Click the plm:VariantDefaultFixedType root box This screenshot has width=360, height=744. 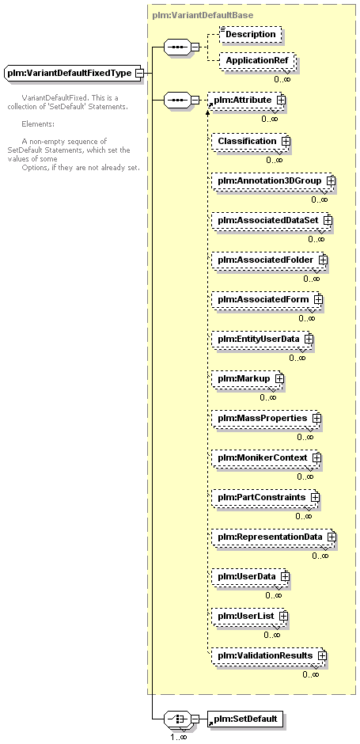pos(73,74)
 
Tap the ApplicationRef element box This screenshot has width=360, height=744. pos(257,61)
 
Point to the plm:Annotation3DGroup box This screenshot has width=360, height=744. pos(273,180)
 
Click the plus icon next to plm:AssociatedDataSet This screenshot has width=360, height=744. pos(328,221)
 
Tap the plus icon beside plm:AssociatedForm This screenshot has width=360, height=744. pos(318,300)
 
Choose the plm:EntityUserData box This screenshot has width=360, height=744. pos(263,340)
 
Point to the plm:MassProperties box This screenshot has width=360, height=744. pos(267,418)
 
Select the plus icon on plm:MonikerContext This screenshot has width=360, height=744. pos(316,458)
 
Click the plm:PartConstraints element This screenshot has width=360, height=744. pos(266,497)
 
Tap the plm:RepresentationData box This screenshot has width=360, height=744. pos(274,537)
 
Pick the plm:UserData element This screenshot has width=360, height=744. pos(251,576)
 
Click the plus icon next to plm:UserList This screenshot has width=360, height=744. pos(283,616)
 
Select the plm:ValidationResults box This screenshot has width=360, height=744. pos(270,655)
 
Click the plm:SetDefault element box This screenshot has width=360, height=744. pos(245,719)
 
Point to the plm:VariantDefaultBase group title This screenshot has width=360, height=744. pos(203,15)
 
